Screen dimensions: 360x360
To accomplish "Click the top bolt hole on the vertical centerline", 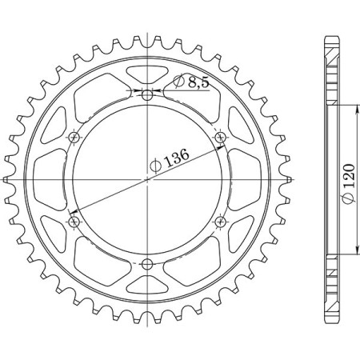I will pyautogui.click(x=147, y=94).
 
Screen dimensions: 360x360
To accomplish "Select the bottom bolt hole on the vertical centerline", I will pyautogui.click(x=147, y=265).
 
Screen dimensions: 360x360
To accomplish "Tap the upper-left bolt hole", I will pyautogui.click(x=74, y=138).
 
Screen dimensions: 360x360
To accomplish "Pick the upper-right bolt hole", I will pyautogui.click(x=221, y=138).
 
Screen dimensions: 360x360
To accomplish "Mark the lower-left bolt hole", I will pyautogui.click(x=74, y=222).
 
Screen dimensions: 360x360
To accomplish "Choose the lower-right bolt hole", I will pyautogui.click(x=221, y=222).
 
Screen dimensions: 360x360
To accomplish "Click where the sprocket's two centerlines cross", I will pyautogui.click(x=147, y=180).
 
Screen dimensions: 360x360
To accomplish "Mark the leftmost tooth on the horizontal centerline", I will pyautogui.click(x=7, y=180).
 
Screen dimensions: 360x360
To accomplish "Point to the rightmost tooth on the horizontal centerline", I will pyautogui.click(x=288, y=180).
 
